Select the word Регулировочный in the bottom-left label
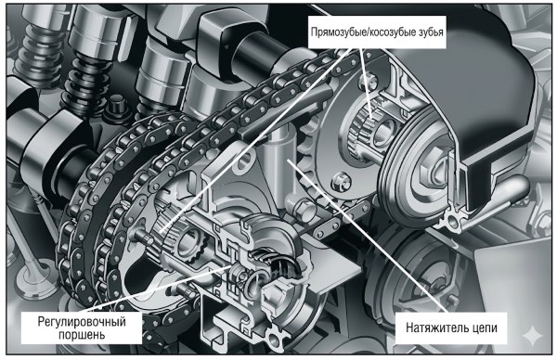(x=82, y=322)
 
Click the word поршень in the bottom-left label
(x=82, y=335)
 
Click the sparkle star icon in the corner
(x=533, y=336)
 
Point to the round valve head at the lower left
(x=32, y=279)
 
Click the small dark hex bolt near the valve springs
(x=114, y=105)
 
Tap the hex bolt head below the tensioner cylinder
(x=303, y=211)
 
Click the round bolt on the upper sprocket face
(x=341, y=182)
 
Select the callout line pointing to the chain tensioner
(x=367, y=236)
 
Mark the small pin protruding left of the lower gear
(x=141, y=235)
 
